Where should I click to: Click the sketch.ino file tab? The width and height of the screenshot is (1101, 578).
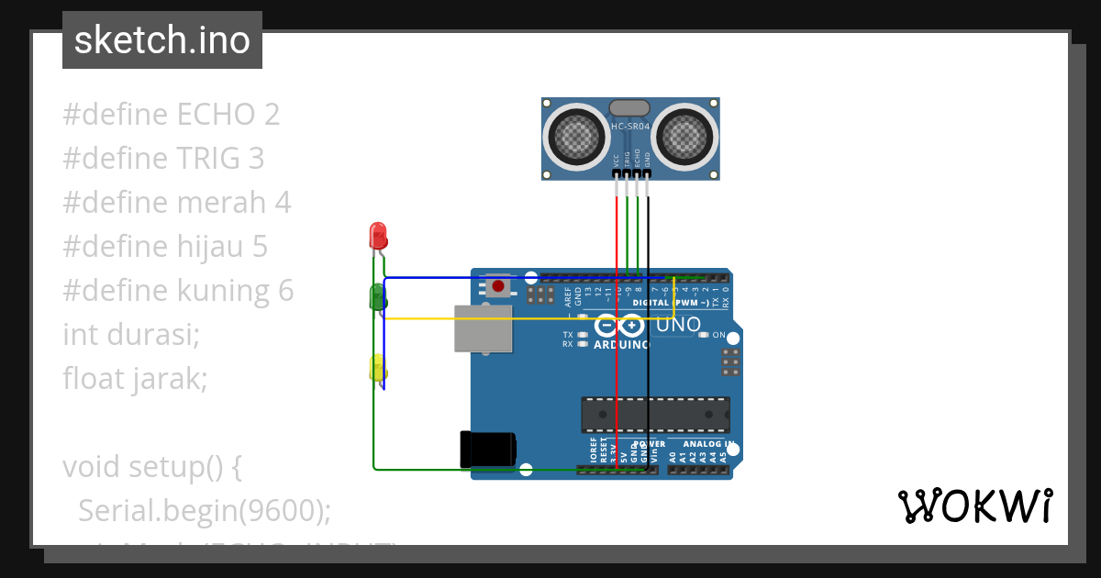point(162,40)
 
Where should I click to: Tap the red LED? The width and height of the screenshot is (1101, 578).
point(377,237)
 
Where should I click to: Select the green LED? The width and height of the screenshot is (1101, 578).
point(377,296)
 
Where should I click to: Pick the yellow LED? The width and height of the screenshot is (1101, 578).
point(377,367)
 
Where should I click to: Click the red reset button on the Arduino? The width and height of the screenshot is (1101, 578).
point(498,286)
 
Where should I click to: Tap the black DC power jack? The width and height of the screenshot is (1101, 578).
point(487,449)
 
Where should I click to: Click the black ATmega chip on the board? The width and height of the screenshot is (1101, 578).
point(655,415)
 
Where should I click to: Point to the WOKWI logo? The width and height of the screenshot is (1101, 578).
point(974,506)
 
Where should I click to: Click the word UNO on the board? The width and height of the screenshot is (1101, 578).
point(679,325)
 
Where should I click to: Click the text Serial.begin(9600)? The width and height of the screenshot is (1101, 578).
point(205,510)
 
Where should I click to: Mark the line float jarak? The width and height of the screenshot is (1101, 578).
point(136,378)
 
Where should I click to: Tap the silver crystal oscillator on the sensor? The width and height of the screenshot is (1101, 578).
point(630,107)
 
